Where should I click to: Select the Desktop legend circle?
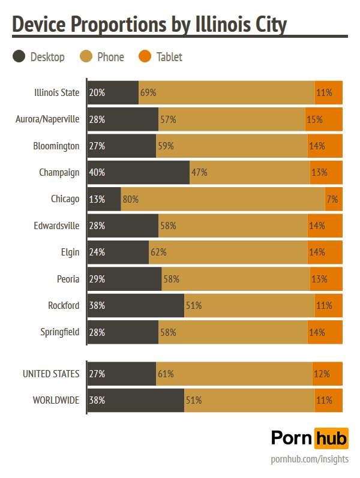point(19,57)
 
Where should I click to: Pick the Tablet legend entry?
point(161,57)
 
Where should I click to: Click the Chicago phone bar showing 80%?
point(223,199)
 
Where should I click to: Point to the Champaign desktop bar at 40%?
point(138,173)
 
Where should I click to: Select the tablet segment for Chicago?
point(334,199)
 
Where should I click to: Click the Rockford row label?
point(64,305)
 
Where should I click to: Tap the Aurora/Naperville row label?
point(47,119)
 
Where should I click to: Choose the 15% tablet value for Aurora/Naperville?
point(314,119)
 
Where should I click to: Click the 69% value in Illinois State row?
point(148,93)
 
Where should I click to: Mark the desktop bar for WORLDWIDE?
point(136,400)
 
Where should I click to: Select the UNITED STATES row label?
point(51,374)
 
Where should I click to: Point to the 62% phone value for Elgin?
point(158,252)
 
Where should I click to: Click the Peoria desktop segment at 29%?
point(124,279)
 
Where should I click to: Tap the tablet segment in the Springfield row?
point(325,332)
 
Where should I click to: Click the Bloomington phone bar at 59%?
point(232,146)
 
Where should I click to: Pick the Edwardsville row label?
point(57,226)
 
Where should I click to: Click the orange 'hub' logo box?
point(331,438)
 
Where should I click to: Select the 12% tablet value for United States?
point(322,374)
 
